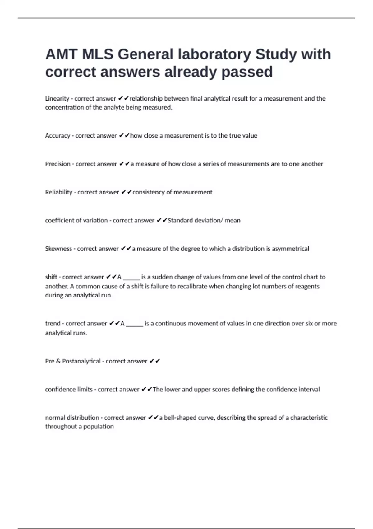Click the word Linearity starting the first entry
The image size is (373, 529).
point(57,99)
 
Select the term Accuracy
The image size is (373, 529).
point(58,136)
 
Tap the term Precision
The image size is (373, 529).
point(58,164)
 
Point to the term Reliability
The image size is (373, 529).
point(59,192)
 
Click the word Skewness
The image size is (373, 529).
point(58,249)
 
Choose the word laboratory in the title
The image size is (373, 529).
point(214,54)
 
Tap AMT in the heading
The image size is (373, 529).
point(61,54)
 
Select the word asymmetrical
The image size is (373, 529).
point(290,249)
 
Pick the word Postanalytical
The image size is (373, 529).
point(81,361)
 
